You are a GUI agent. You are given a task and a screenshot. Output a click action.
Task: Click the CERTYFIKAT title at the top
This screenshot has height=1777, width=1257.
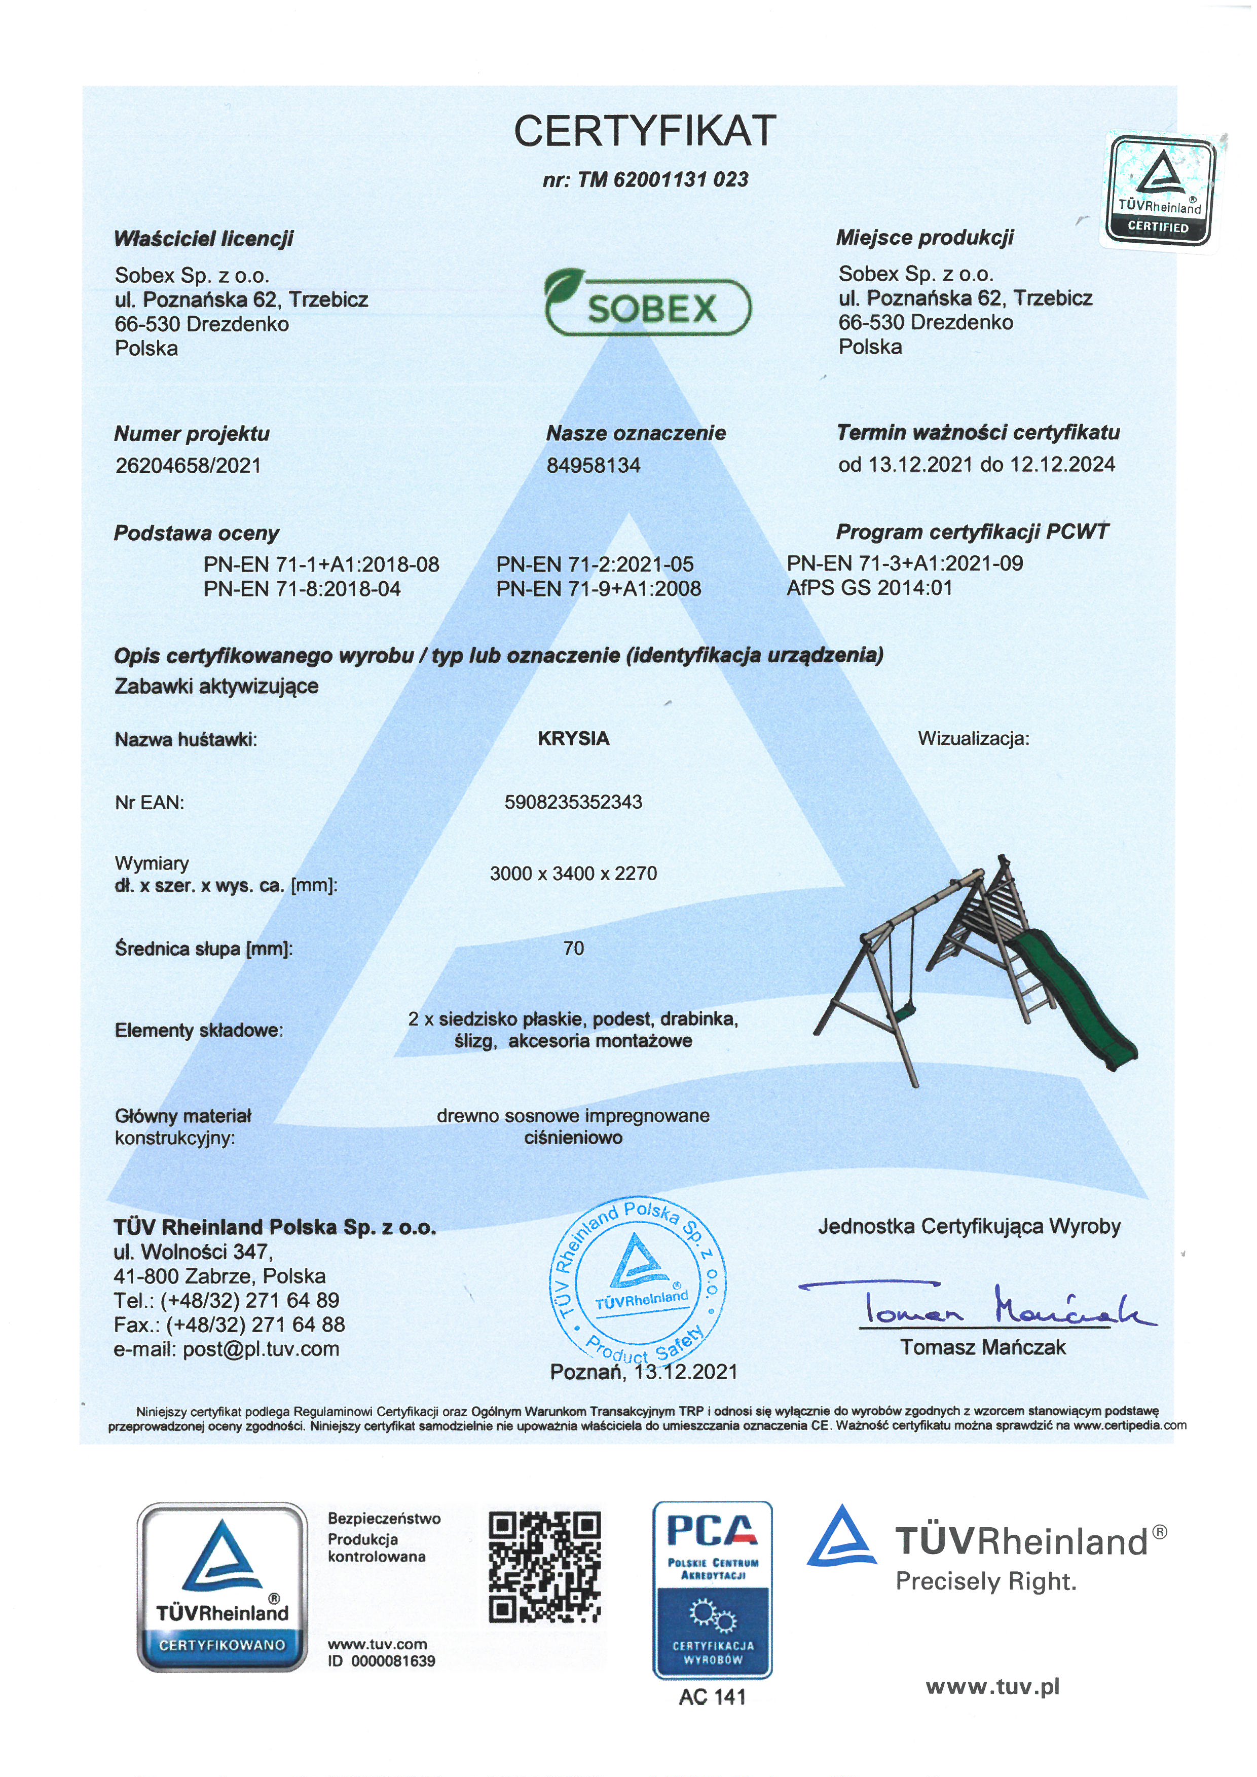click(x=644, y=130)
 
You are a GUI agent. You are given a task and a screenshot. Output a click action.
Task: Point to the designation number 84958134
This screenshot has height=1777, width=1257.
click(x=594, y=465)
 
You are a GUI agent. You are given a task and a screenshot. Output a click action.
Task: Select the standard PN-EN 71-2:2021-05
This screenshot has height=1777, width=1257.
click(x=595, y=564)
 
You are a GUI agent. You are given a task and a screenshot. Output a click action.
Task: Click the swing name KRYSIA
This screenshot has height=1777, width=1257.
click(x=574, y=738)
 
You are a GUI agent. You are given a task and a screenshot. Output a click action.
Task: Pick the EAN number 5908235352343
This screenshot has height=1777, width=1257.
click(x=574, y=802)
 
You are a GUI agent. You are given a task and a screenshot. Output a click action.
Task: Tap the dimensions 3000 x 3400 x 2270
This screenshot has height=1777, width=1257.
click(x=574, y=873)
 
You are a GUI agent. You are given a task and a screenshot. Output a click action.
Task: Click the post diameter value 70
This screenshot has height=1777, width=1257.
click(x=574, y=948)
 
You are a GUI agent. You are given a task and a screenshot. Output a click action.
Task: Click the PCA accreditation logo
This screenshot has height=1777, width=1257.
click(x=712, y=1589)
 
